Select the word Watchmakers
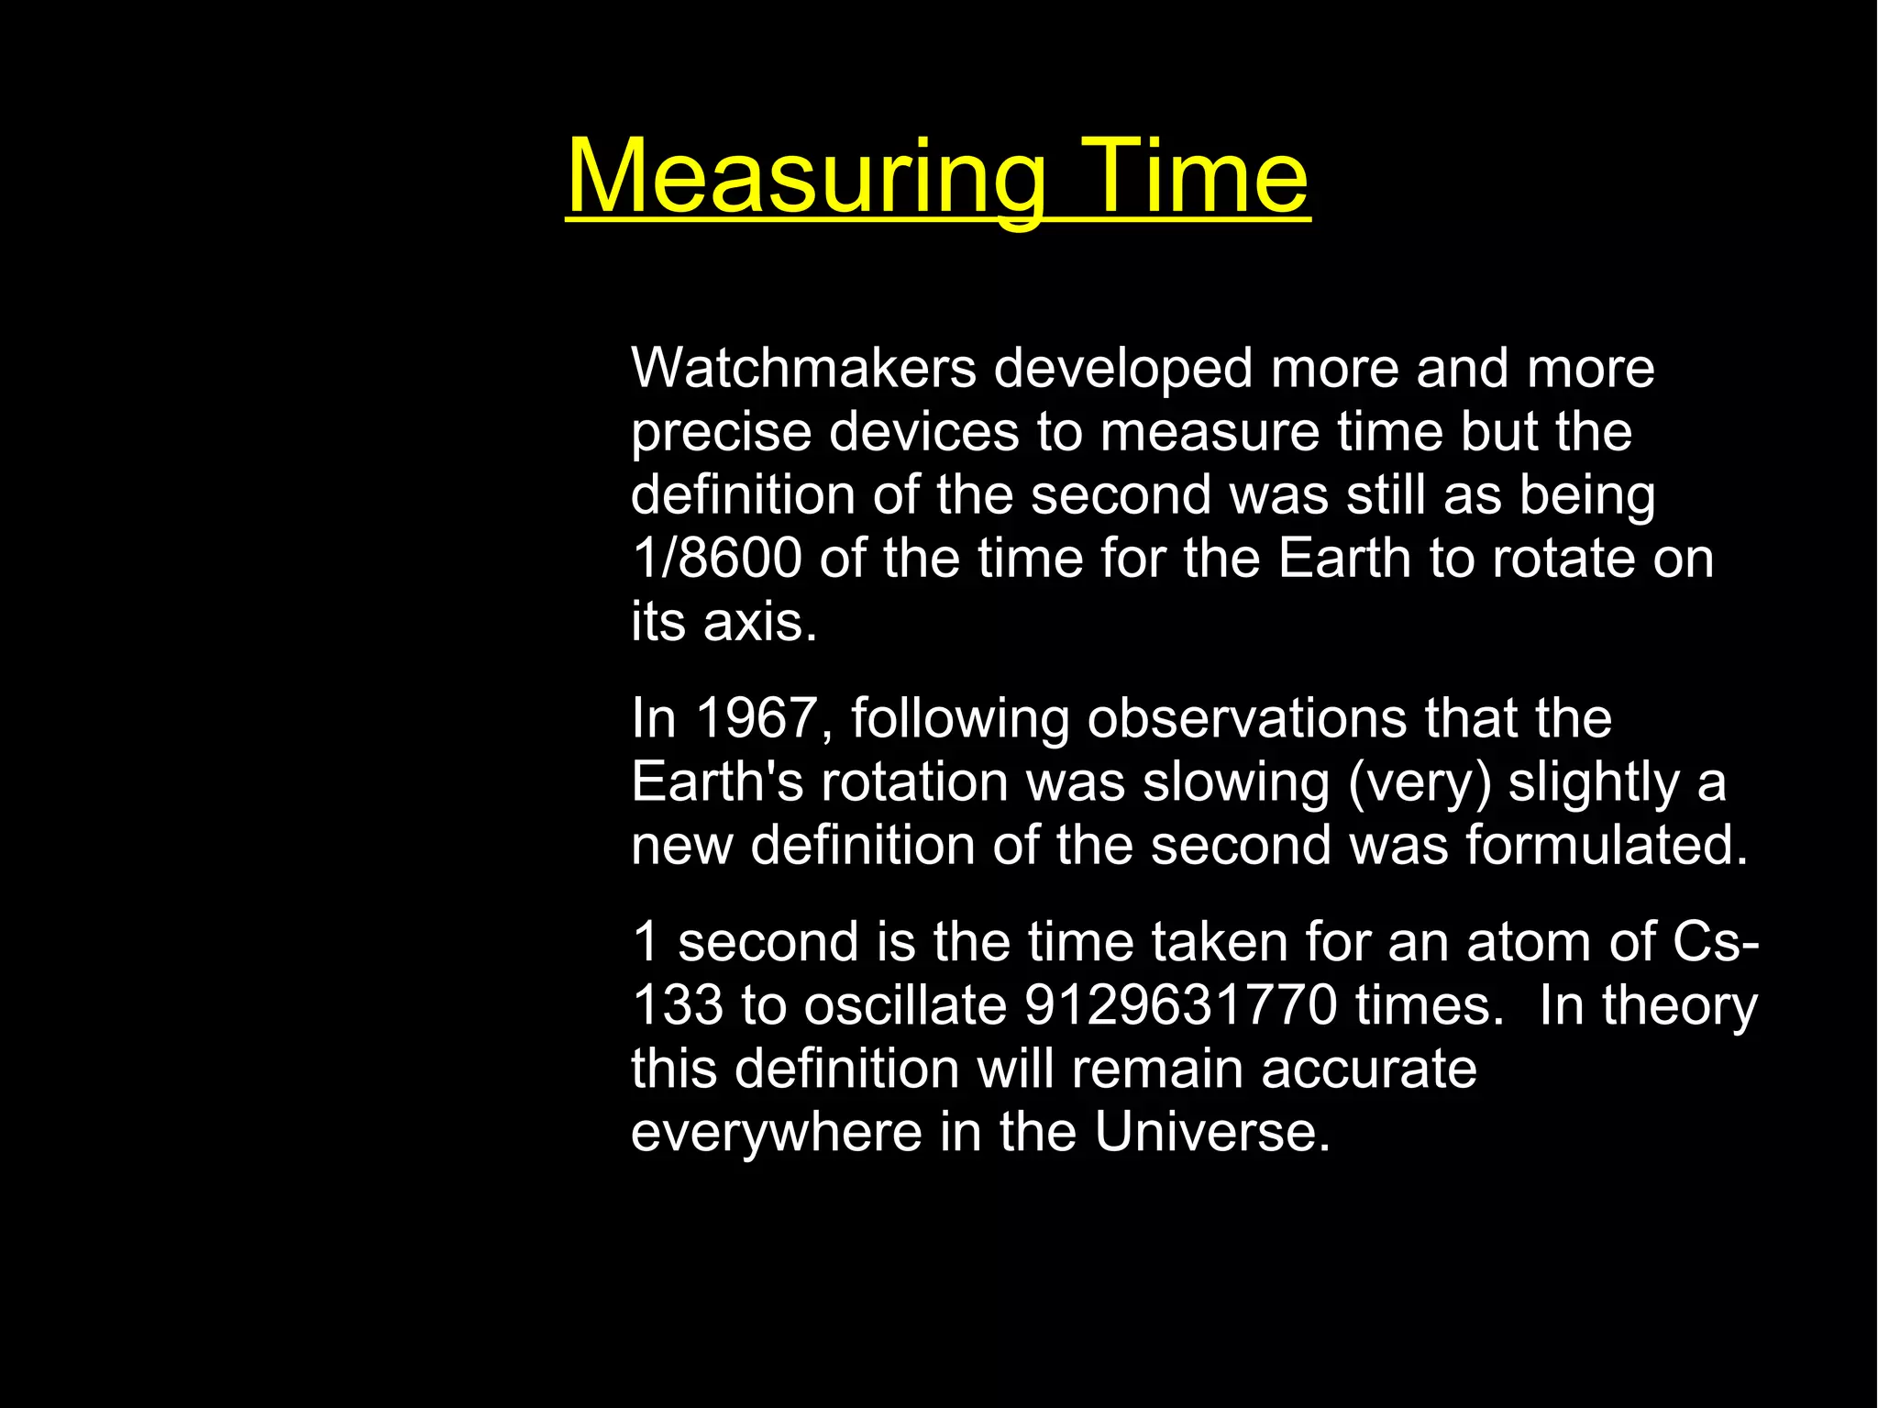click(x=803, y=369)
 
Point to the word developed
click(x=1123, y=369)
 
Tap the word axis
click(x=759, y=622)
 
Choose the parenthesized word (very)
click(x=1420, y=782)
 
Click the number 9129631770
click(x=1180, y=1005)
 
